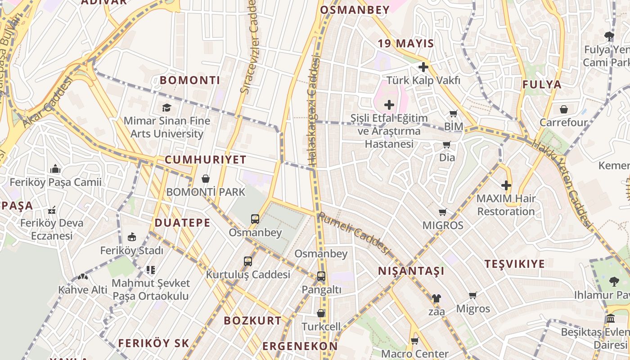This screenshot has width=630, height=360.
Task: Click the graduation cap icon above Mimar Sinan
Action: pos(167,108)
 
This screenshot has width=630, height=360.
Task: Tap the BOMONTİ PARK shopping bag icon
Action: pos(206,179)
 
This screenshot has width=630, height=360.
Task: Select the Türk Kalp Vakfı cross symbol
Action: pos(423,67)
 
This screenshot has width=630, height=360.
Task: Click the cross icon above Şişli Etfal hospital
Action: pos(389,105)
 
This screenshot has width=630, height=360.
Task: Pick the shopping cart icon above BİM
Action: pos(453,113)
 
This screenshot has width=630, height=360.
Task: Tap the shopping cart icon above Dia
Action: pos(446,144)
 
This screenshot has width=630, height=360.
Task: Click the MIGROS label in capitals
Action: pos(443,225)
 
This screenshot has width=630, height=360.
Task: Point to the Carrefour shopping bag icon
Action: pos(563,109)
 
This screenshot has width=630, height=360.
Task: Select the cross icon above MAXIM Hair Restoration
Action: pos(506,185)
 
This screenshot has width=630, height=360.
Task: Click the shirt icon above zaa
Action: pos(436,298)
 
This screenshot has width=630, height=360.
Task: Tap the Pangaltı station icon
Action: pos(321,276)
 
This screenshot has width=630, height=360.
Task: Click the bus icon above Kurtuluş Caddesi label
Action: pos(247,261)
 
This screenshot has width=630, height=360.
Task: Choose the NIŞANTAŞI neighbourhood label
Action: pos(411,271)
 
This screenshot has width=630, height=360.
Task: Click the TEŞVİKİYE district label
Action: pos(514,264)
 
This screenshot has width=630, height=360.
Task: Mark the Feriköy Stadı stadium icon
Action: pos(132,237)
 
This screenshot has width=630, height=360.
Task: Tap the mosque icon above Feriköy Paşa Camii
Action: pos(55,169)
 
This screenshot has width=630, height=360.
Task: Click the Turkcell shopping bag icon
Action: pos(321,313)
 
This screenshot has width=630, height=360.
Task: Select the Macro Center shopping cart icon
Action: pos(414,341)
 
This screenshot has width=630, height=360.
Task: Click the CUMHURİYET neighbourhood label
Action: pos(205,160)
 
